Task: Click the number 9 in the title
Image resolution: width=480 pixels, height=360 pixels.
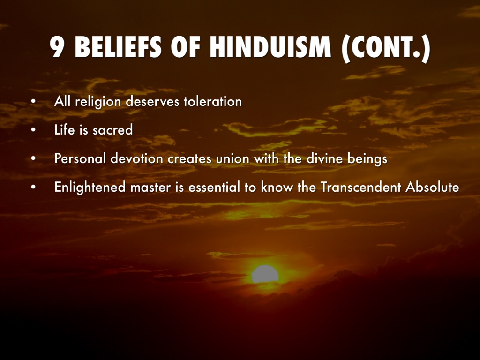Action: (57, 47)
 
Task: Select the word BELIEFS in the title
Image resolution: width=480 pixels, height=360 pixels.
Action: (118, 47)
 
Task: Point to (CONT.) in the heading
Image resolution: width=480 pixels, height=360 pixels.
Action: (386, 48)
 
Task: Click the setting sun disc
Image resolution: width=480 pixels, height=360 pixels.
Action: (265, 274)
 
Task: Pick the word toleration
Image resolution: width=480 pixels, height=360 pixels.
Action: (213, 101)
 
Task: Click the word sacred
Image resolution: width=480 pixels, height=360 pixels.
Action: (113, 130)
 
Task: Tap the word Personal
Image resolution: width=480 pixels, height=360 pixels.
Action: (80, 158)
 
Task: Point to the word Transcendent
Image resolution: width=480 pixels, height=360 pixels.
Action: (361, 187)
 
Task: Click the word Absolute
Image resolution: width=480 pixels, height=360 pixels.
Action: (432, 187)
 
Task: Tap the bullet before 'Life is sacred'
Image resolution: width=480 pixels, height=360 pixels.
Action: (33, 130)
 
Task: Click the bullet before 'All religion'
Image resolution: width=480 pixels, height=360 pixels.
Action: (33, 102)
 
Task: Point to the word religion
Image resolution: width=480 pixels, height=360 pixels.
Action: (98, 102)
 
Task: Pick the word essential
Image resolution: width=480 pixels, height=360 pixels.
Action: (214, 187)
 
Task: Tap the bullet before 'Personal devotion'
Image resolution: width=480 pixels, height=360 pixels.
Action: (33, 159)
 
